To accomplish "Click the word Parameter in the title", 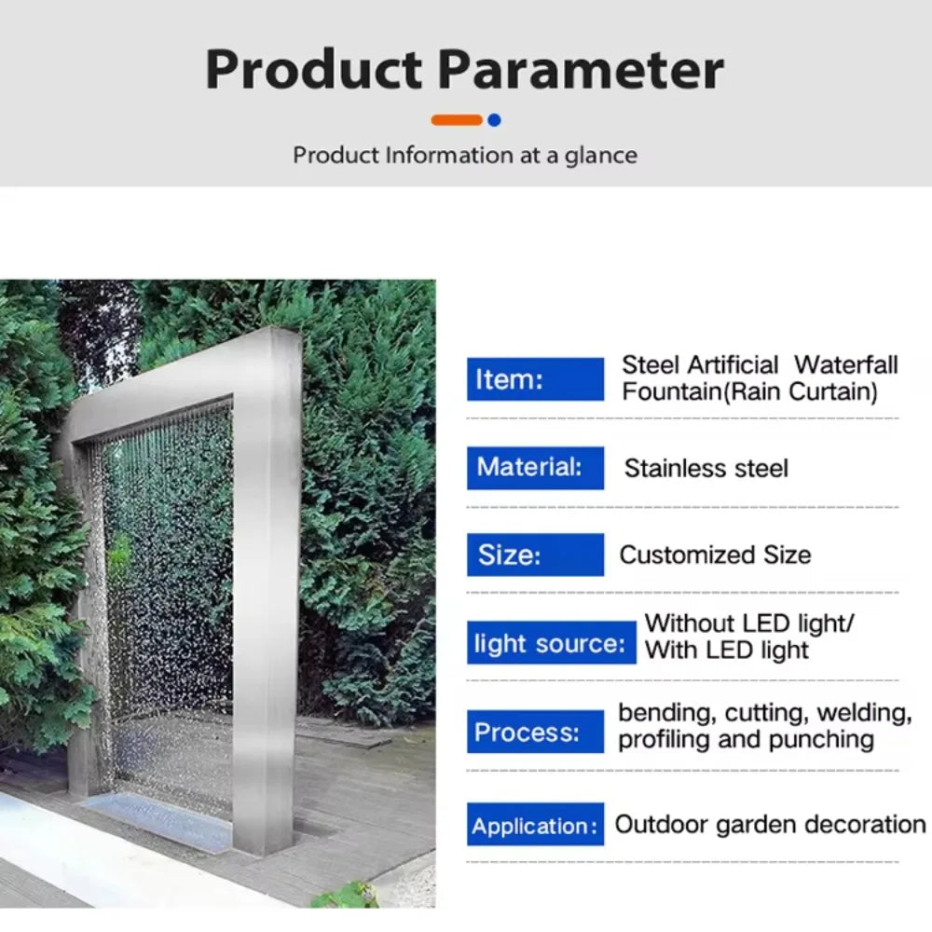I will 581,69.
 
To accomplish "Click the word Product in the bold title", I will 314,69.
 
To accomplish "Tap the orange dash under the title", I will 457,119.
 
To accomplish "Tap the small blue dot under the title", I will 494,119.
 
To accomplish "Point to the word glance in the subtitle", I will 601,155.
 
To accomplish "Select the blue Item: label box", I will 535,379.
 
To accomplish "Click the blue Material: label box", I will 535,467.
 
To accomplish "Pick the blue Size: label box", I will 535,555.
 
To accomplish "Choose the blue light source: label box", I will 551,642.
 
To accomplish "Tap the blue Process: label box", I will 535,731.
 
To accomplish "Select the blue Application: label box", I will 535,825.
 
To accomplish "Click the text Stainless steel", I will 706,468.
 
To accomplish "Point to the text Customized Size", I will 715,555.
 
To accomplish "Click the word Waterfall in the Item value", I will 846,365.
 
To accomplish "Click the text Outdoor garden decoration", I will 770,825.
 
